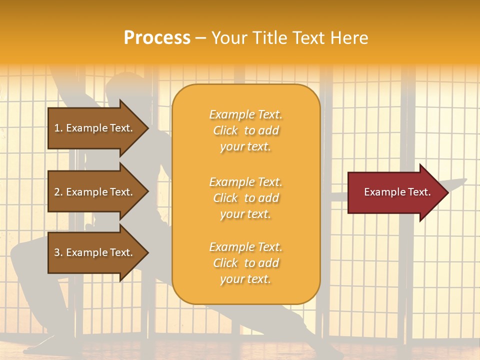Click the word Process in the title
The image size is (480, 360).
point(157,38)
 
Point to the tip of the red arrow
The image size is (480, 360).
point(447,192)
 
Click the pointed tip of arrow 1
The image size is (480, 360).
point(147,128)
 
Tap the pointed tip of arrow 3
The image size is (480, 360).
point(147,252)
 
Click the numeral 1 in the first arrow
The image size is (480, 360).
point(57,128)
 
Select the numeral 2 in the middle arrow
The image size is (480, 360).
point(57,192)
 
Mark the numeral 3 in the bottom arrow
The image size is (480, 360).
point(57,252)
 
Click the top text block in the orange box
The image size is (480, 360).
point(245,130)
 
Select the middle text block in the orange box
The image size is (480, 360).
point(245,198)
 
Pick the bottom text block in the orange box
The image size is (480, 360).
point(245,263)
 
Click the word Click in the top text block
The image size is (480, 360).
point(225,130)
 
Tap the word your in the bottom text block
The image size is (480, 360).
point(231,279)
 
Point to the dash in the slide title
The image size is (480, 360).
point(201,38)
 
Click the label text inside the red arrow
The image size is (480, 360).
point(397,192)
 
